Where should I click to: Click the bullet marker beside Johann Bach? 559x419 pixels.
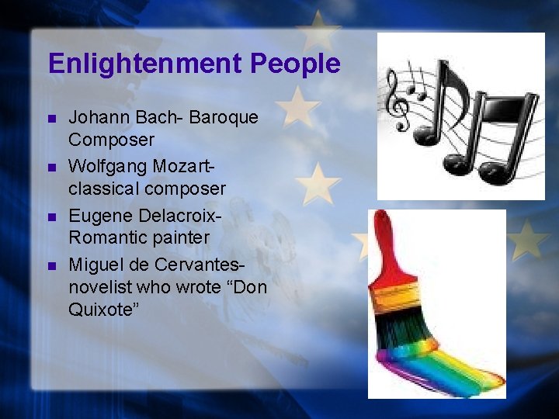pos(51,119)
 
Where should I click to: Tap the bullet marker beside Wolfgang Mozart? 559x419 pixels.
pos(51,167)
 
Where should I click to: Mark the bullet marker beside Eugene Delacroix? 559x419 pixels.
pos(51,215)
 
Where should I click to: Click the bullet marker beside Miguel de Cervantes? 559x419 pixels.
pos(51,265)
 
